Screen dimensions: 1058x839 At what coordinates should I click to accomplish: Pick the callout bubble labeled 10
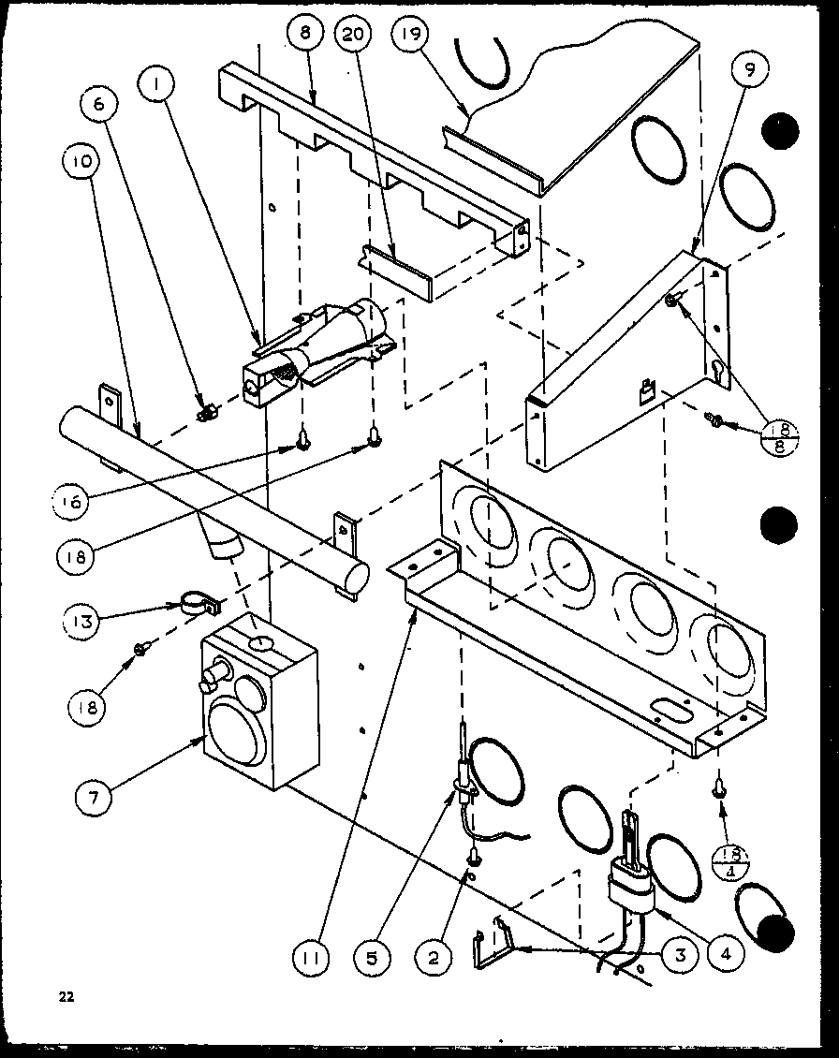81,161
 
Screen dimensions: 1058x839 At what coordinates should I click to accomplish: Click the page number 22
64,996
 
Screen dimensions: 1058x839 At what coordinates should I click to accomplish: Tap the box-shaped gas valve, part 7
258,712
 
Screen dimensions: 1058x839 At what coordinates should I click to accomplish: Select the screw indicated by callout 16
302,435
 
